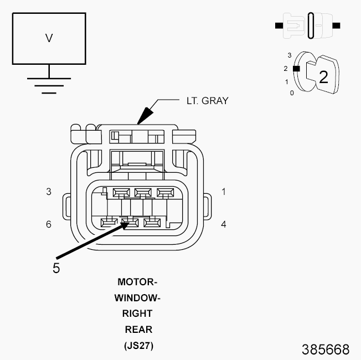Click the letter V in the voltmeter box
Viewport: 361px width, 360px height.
coord(49,38)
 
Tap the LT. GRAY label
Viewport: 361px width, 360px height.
coord(208,101)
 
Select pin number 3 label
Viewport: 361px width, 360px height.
coord(49,192)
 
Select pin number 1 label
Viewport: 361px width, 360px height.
coord(224,192)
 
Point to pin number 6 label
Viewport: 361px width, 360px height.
coord(49,224)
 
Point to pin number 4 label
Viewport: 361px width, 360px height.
coord(224,224)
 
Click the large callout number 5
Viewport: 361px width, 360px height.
coord(56,268)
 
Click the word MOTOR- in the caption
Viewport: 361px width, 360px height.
coord(137,282)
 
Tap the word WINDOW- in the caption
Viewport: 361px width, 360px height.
coord(137,298)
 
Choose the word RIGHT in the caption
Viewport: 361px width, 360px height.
coord(137,313)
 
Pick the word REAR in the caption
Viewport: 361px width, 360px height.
coord(138,330)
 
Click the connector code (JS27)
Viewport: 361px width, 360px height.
coord(138,346)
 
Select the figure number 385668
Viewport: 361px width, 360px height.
coord(326,349)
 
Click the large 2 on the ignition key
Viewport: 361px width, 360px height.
coord(323,77)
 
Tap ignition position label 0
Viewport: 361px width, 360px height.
coord(292,93)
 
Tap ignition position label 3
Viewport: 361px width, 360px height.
coord(290,55)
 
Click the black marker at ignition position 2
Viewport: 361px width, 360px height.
coord(296,69)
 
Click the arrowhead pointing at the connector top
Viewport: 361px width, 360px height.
coord(145,116)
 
